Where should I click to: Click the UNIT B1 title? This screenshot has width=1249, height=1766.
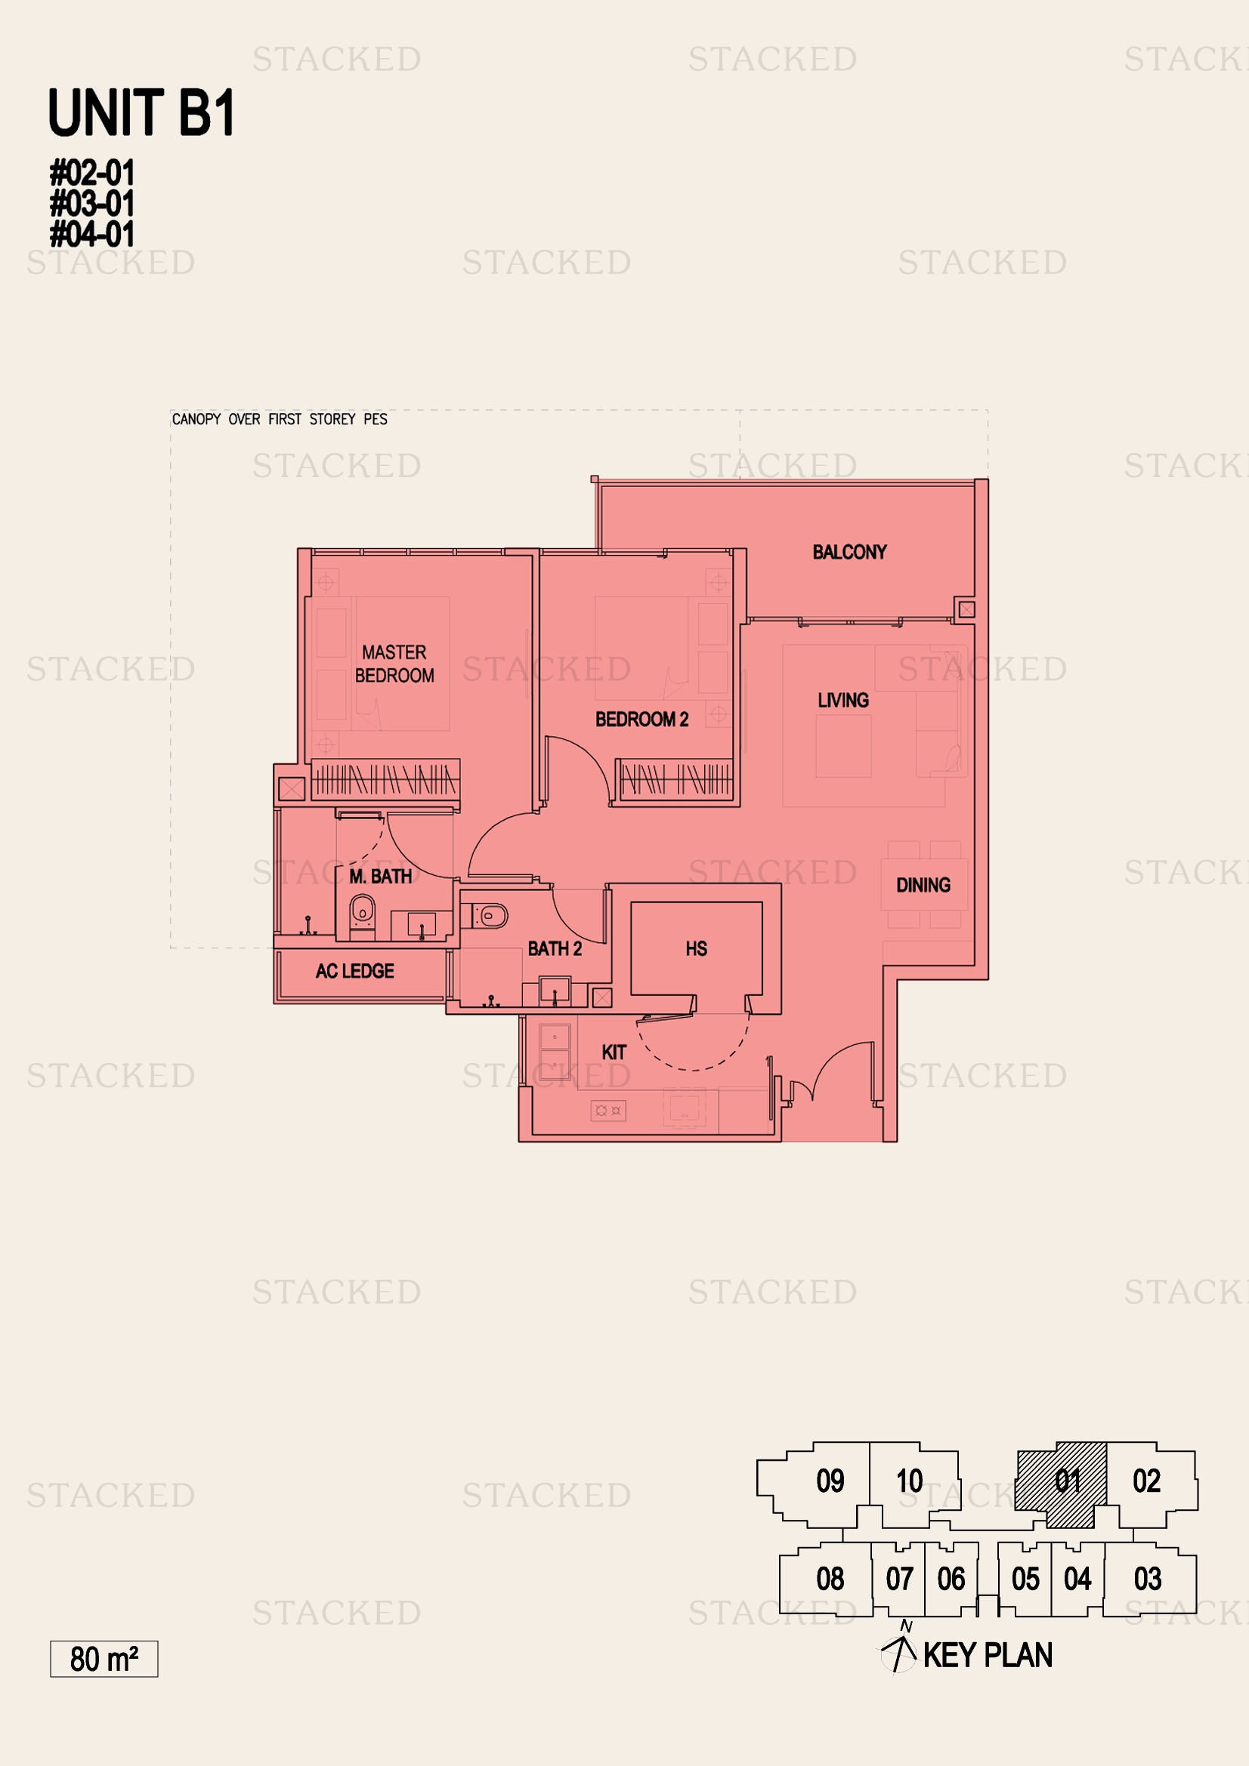(141, 112)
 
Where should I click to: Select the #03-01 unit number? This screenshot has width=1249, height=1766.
(92, 204)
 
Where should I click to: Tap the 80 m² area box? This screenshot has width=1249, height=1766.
(104, 1659)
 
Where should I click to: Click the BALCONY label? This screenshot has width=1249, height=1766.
(849, 552)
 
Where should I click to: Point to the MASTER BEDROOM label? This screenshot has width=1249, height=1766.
(394, 664)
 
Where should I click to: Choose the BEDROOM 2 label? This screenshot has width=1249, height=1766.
(642, 720)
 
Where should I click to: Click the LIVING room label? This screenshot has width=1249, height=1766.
(843, 700)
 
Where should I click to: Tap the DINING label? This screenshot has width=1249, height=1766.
(923, 886)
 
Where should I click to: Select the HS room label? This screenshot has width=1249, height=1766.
(697, 949)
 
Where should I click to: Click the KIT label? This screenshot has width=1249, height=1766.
(614, 1053)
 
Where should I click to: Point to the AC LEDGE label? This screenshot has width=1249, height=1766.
(355, 972)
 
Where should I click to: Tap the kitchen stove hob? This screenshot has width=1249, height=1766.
(608, 1111)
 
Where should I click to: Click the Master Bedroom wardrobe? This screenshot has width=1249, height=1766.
(385, 780)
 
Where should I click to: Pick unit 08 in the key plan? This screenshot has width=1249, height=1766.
(827, 1579)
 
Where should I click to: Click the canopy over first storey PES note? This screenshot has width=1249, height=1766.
(280, 419)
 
